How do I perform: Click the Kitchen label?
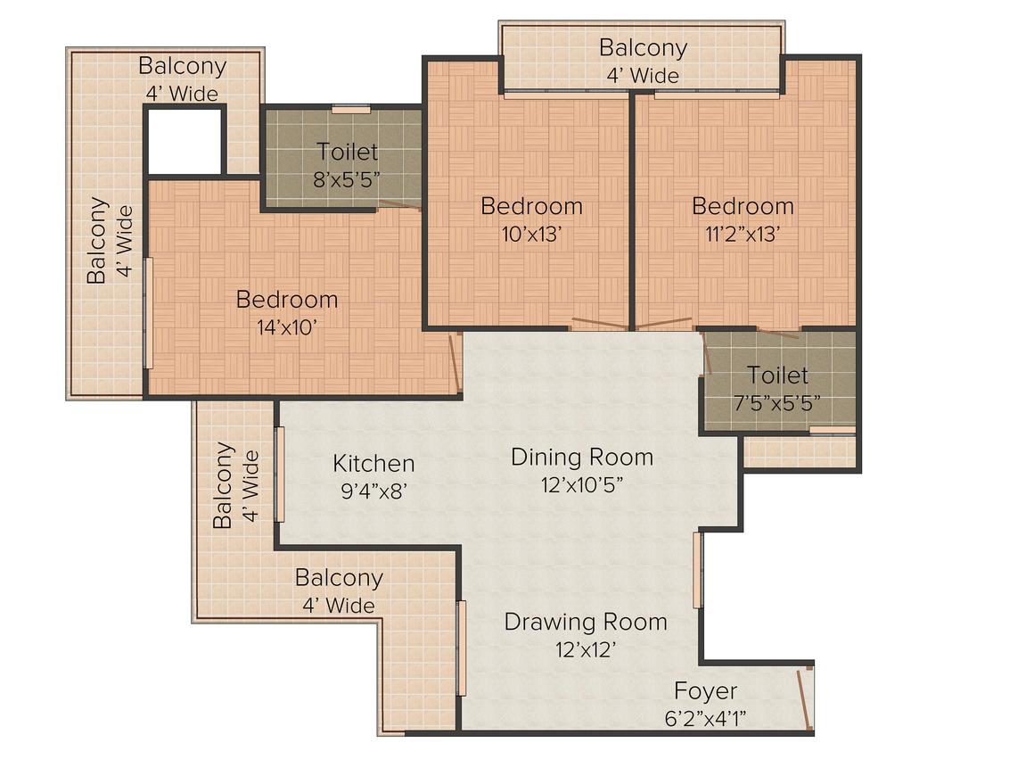tap(373, 464)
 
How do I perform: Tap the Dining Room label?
tap(581, 458)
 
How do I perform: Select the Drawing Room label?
tap(586, 622)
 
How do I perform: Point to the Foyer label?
tap(705, 691)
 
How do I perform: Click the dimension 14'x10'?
tap(287, 326)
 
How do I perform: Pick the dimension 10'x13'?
tap(531, 234)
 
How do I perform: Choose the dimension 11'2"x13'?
tap(743, 234)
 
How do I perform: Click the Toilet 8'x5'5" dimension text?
tap(348, 179)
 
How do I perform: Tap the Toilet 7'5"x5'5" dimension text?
tap(777, 402)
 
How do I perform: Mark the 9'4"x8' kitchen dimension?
tap(373, 491)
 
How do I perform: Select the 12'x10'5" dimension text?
tap(581, 484)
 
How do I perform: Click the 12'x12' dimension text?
tap(586, 649)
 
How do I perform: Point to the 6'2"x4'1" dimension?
tap(705, 717)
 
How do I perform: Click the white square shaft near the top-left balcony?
tap(185, 141)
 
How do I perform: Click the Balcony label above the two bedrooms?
tap(643, 47)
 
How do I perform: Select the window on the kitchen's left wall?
tap(280, 475)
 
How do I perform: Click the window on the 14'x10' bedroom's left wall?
tap(149, 313)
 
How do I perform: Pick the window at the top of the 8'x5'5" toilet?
tap(351, 110)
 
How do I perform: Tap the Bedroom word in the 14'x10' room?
tap(287, 300)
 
